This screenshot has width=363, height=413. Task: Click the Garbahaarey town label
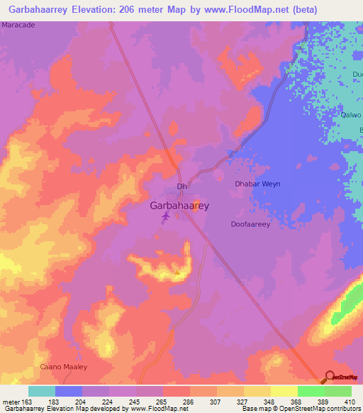[179, 205]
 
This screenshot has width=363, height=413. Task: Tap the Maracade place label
[18, 25]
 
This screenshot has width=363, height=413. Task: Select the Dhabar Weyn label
[257, 184]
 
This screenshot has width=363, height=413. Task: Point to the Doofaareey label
[251, 224]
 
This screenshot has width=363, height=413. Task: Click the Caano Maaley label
[62, 367]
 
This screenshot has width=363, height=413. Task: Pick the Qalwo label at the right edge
[352, 115]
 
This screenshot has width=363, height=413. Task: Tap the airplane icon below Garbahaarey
[166, 216]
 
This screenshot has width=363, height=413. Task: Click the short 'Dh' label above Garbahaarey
[181, 187]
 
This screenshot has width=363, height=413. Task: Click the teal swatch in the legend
[42, 391]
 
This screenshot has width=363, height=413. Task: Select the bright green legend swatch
[311, 391]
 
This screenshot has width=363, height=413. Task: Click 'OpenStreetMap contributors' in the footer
[313, 409]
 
